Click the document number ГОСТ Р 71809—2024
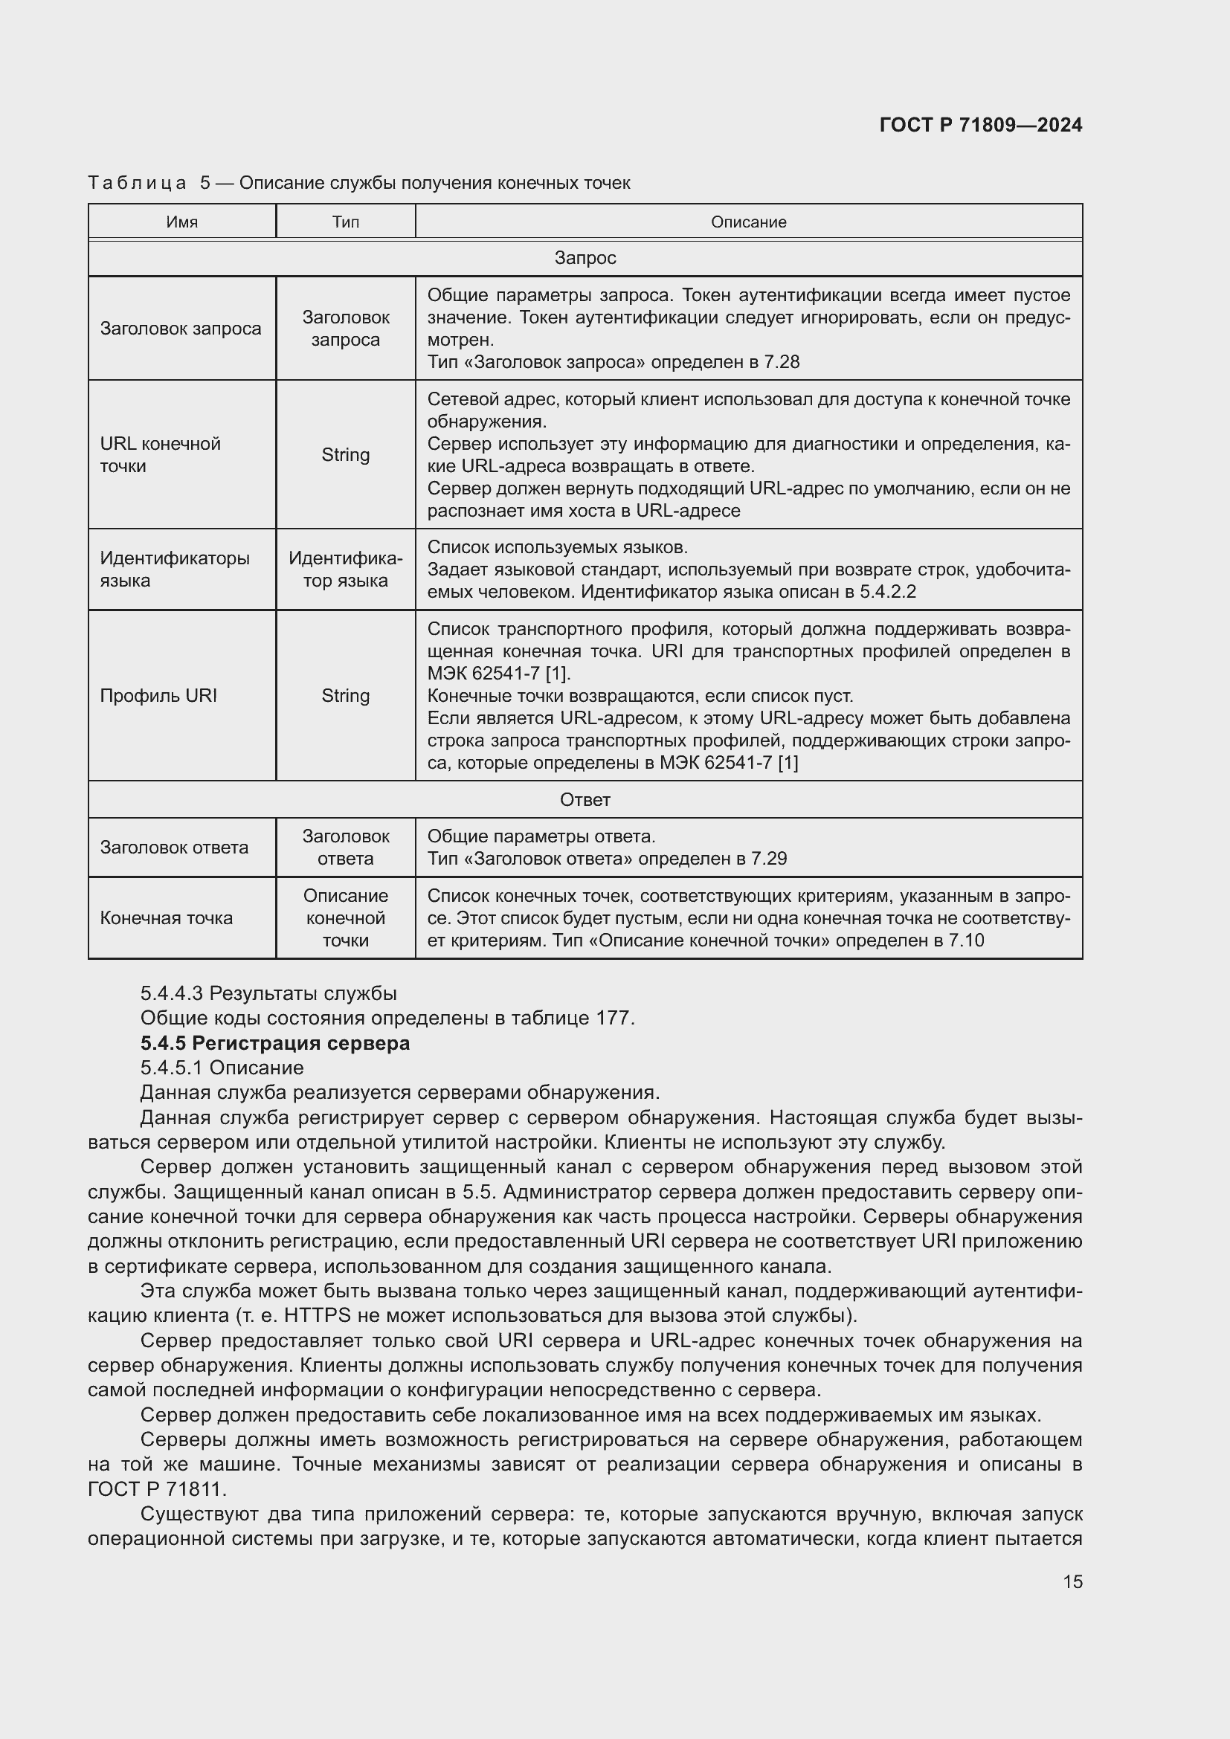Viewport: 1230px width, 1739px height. [980, 125]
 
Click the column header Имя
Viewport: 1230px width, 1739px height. [181, 222]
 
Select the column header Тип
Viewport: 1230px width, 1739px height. [345, 222]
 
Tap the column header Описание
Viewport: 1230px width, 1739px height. [747, 222]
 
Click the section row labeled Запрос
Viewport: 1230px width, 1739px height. [585, 258]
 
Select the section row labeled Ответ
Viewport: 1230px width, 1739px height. [585, 800]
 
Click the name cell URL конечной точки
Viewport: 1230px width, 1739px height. [160, 454]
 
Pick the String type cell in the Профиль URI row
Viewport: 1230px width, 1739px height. [345, 695]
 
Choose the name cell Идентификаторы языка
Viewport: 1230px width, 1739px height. [174, 570]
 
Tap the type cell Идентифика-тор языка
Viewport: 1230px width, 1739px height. [345, 570]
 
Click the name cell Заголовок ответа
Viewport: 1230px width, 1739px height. [173, 848]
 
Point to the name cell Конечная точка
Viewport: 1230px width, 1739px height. [166, 918]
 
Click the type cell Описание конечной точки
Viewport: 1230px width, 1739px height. [345, 918]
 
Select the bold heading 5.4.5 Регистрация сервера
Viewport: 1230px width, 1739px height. [275, 1043]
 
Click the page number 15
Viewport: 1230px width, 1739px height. [1072, 1581]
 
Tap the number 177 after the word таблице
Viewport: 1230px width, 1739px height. [613, 1018]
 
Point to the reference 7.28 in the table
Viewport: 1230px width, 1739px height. [781, 362]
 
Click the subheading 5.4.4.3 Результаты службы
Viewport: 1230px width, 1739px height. [268, 993]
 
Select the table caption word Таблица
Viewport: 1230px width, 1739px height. [137, 184]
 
